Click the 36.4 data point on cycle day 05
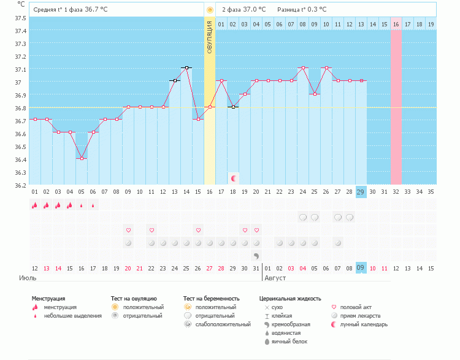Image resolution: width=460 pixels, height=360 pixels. (x=82, y=158)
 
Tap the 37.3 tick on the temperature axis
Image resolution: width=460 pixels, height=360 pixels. (x=20, y=44)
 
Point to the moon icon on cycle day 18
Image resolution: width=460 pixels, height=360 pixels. (x=233, y=178)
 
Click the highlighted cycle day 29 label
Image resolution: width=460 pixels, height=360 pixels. (x=361, y=191)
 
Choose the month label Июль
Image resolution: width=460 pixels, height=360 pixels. (x=28, y=278)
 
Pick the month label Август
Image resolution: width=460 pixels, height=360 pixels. (x=276, y=278)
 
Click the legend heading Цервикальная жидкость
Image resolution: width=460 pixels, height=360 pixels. (x=290, y=298)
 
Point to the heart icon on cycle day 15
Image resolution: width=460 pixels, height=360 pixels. (x=198, y=230)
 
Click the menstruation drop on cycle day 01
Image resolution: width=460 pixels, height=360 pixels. (x=35, y=205)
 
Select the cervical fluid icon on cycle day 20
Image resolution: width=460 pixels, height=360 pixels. (x=256, y=255)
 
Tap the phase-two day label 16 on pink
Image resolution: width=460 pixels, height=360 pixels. (x=396, y=24)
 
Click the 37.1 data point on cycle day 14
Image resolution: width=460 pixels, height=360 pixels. (x=186, y=67)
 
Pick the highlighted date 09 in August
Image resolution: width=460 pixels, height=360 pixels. (x=361, y=268)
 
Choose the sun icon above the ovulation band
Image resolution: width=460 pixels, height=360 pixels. (x=210, y=10)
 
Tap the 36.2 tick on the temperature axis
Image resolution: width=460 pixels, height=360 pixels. (x=20, y=185)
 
